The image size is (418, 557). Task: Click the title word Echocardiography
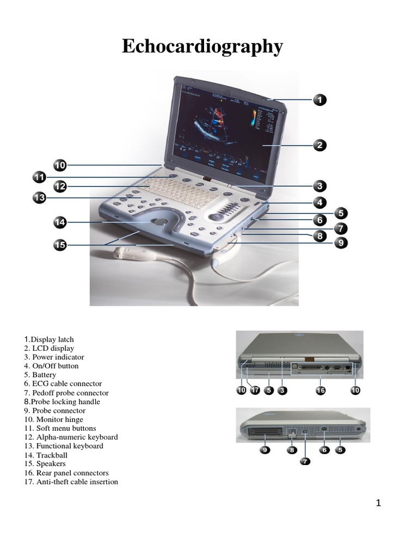[202, 47]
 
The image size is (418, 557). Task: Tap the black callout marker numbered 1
[319, 100]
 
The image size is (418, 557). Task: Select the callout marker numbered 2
[319, 145]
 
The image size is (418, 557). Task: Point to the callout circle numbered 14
[60, 222]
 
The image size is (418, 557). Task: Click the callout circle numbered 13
[40, 199]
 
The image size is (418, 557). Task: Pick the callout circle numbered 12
[60, 187]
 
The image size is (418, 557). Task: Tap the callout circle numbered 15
[60, 245]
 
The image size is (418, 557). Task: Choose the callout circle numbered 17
[255, 390]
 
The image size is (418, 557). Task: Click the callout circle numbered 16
[321, 390]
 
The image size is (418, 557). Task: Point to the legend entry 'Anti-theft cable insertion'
[71, 481]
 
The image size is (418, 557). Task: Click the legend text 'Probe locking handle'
[62, 401]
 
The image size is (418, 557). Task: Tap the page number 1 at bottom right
[378, 504]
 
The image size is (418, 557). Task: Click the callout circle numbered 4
[319, 202]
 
